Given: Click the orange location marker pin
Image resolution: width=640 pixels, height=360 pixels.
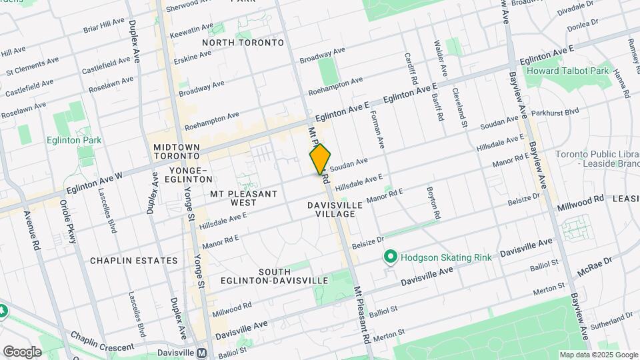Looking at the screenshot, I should point(320,159).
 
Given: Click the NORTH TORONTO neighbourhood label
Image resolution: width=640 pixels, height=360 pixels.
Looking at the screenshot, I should point(243,43).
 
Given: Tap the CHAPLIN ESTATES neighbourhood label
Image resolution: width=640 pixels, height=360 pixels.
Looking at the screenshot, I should point(134,261).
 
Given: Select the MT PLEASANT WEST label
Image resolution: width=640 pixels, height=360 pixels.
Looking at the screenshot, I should point(243,198).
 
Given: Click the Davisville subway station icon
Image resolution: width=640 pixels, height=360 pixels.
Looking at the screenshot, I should point(202,353).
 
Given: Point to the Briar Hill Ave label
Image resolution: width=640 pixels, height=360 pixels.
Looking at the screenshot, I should point(104,26).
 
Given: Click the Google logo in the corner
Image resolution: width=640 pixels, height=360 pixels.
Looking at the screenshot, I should point(22,351).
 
